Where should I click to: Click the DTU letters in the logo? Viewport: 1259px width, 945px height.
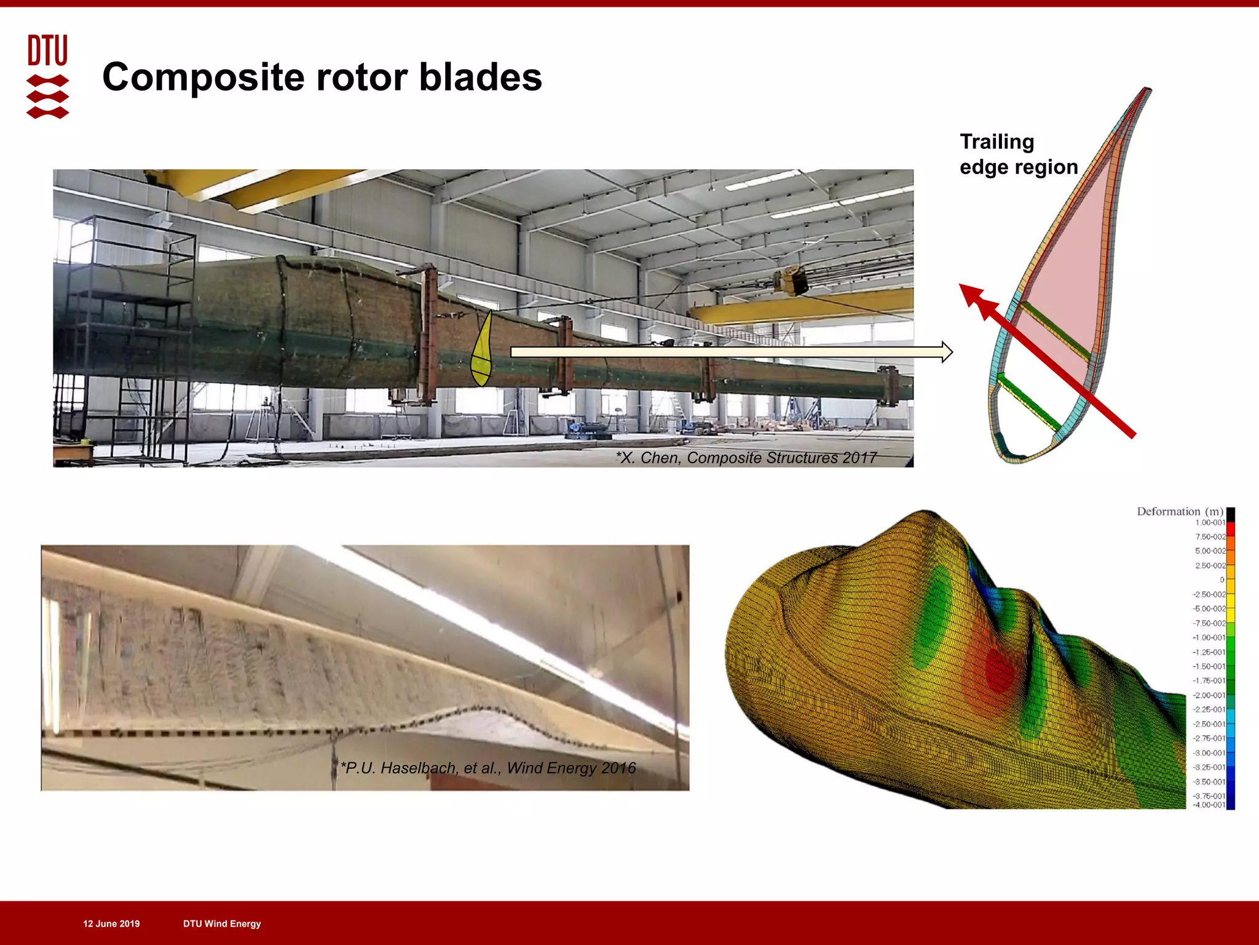[47, 50]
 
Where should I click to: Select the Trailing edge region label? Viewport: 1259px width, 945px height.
[1018, 154]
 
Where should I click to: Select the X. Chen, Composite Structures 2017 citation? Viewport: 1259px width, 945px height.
[746, 458]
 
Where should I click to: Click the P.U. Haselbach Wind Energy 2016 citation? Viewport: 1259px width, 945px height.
[488, 768]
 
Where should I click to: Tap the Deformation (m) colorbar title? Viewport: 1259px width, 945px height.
[1179, 512]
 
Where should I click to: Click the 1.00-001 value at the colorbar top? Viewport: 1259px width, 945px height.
[1209, 523]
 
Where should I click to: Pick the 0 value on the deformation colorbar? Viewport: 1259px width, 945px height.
[1222, 580]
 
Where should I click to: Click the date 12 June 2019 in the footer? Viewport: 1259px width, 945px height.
[111, 923]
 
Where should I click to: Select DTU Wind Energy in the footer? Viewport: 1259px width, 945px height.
[222, 923]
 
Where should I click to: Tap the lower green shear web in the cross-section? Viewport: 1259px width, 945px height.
[1028, 403]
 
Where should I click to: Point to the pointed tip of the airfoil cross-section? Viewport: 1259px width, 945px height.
[1147, 91]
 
